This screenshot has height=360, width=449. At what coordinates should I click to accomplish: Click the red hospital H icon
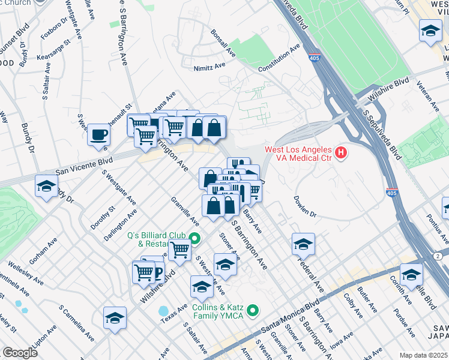pos(341,153)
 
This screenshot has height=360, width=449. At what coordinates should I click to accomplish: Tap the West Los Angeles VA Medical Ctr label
pos(299,154)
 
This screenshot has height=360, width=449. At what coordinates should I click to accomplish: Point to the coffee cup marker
pos(98,134)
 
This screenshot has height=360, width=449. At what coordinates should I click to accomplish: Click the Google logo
pos(20,353)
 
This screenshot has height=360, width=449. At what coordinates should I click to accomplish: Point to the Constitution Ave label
pos(279,58)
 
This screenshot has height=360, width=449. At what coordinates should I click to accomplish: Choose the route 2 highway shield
pos(439,256)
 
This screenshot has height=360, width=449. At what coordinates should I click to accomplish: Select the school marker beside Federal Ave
pos(304,243)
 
